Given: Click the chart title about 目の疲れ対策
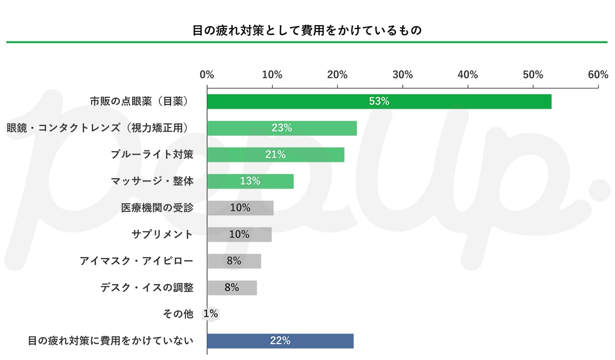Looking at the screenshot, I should (307, 30).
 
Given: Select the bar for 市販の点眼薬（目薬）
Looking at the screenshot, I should (379, 101).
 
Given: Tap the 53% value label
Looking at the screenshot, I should (379, 101).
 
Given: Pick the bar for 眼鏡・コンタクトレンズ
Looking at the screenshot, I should (282, 128).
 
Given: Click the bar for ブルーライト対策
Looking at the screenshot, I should (275, 155).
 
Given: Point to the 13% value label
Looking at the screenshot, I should (250, 181).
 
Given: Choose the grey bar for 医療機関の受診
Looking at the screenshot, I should (240, 208).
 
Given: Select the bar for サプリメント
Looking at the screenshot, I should (239, 235).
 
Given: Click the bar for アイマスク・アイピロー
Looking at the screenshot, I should (234, 261).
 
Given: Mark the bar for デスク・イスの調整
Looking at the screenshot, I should (232, 288).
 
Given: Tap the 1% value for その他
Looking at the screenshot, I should (211, 314).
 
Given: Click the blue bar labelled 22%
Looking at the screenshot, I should (280, 341).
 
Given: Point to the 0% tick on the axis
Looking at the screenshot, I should (207, 75).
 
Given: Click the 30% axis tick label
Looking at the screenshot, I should (402, 75).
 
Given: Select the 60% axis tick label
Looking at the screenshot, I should (598, 75).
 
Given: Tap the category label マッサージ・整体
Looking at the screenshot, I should (152, 181).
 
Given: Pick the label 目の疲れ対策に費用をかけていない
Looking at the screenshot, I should (110, 341).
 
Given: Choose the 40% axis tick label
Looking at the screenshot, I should (467, 75).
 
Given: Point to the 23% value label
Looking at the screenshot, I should (282, 128).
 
